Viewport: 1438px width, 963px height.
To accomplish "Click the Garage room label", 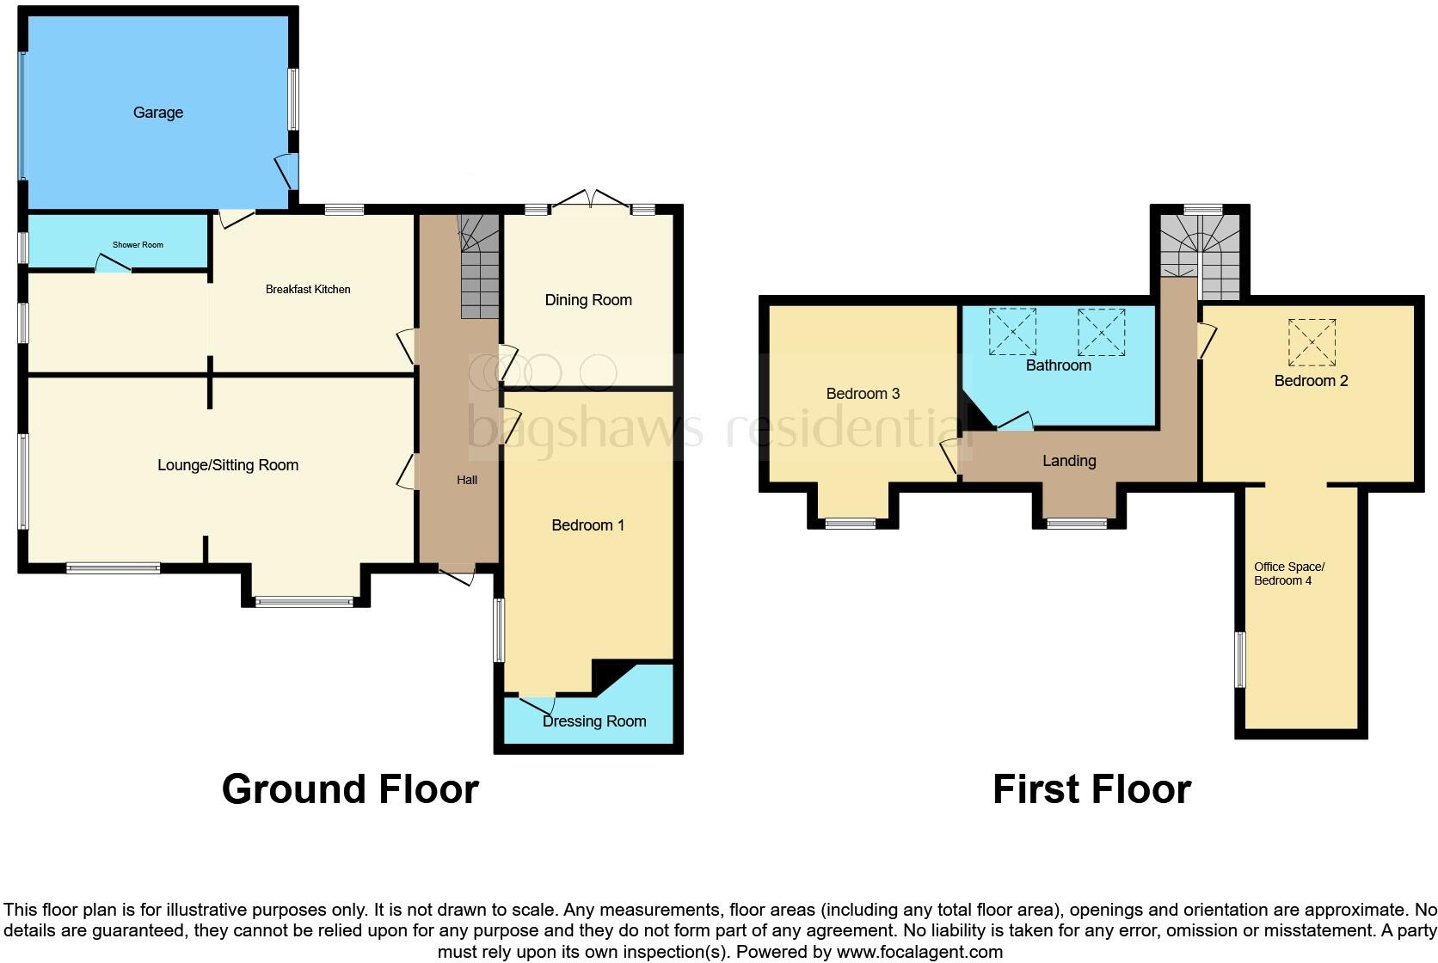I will coord(158,113).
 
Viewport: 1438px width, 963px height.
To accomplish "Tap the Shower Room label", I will coord(138,245).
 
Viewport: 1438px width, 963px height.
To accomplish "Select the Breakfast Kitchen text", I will coord(308,290).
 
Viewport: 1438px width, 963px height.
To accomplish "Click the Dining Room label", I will coord(588,300).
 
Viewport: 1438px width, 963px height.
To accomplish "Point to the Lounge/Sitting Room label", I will coord(228,465).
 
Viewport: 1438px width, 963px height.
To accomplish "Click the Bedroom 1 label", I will coord(588,525).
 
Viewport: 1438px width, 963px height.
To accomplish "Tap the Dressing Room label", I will coord(594,721).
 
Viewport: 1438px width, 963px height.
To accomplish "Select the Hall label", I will coord(467,480).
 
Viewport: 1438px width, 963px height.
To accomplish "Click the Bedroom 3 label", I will coord(863,394).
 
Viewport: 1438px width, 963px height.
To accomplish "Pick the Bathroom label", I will coord(1058,365).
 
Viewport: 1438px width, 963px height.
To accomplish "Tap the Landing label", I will coord(1069,461).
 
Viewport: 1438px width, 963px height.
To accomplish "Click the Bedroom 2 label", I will coord(1311,381).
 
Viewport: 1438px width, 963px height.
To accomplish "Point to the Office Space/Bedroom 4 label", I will coord(1288,574).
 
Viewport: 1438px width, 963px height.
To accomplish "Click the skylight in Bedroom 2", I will coord(1312,342).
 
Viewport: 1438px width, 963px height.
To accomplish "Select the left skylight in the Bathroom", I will coord(1012,331).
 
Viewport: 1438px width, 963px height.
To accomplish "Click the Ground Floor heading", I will coord(350,789).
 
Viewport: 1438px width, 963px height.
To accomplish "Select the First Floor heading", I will coord(1091,789).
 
